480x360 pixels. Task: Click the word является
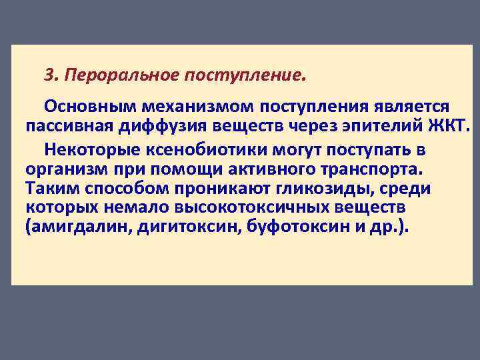(407, 107)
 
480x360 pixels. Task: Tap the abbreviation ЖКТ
(452, 126)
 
